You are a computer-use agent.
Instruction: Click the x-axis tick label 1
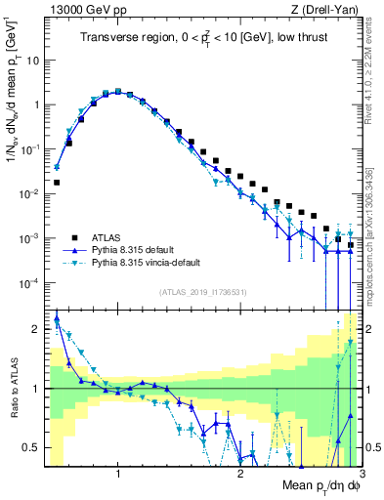click(118, 475)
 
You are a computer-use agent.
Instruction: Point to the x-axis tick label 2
click(240, 475)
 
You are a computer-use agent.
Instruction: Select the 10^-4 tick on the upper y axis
click(29, 283)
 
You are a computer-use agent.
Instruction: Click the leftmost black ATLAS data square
click(57, 182)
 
